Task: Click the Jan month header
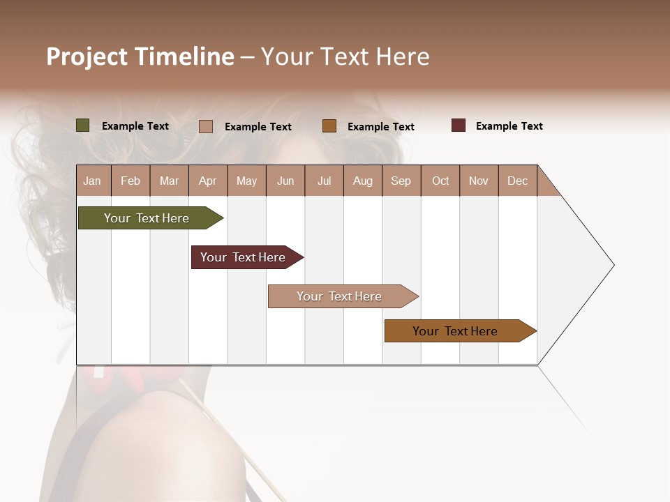tap(93, 181)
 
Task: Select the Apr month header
tap(208, 181)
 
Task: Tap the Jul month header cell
tap(324, 181)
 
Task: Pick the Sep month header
tap(401, 181)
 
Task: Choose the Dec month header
tap(517, 181)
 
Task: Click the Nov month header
tap(479, 181)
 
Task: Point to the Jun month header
tap(285, 181)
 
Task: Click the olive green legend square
tap(83, 125)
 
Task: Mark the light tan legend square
tap(206, 126)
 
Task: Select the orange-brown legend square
tap(329, 125)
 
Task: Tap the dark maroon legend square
tap(459, 125)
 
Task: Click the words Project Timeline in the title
tap(140, 56)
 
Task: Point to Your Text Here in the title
tap(345, 56)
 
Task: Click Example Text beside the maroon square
tap(509, 126)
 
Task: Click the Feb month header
tap(131, 181)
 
